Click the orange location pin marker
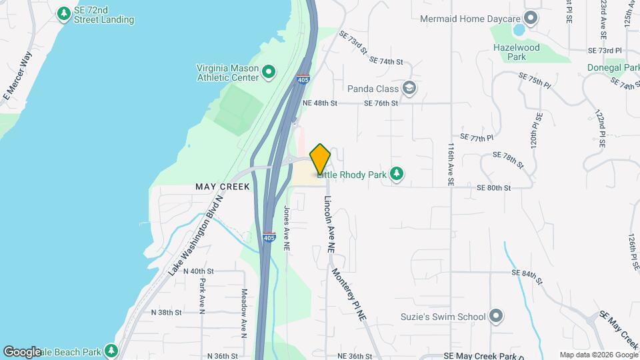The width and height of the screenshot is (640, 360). click(x=321, y=159)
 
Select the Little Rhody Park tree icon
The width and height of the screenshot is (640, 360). click(x=397, y=174)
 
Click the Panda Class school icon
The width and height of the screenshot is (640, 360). click(x=409, y=88)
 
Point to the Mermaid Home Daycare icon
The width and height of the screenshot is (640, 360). click(x=531, y=18)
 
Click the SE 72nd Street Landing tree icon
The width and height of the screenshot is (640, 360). click(x=64, y=13)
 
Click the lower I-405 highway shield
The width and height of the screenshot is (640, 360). click(x=269, y=237)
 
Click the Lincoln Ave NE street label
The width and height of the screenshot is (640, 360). click(x=329, y=224)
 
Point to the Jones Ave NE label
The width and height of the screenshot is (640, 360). click(x=287, y=227)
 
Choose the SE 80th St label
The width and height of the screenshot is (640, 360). click(x=494, y=188)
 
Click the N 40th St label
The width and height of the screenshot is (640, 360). click(x=201, y=271)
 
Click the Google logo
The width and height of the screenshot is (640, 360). click(x=23, y=351)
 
